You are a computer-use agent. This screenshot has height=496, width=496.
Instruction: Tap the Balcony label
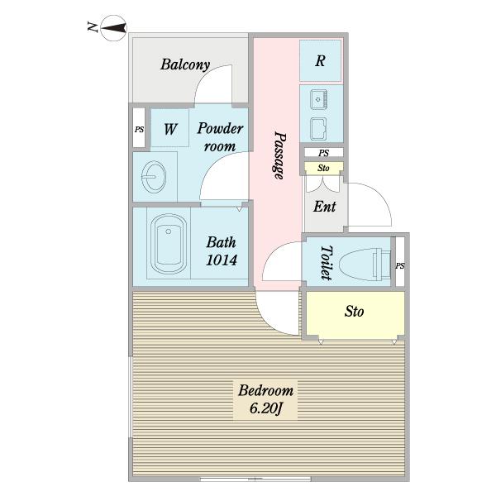click(x=185, y=64)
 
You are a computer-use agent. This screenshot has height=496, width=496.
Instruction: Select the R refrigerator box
click(x=321, y=60)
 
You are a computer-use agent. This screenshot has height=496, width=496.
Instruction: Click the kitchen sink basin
click(x=318, y=99)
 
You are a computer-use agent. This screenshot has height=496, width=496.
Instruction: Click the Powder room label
click(x=220, y=137)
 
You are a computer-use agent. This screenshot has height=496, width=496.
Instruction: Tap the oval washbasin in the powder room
click(x=154, y=177)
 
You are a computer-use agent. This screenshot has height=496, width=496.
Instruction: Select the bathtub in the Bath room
click(x=169, y=244)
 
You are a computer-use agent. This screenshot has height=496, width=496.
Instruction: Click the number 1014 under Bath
click(x=222, y=260)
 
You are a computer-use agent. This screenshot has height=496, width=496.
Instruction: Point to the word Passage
click(x=279, y=155)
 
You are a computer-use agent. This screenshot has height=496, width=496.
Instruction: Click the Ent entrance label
click(x=324, y=207)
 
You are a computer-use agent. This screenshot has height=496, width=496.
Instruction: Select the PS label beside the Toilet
click(x=400, y=265)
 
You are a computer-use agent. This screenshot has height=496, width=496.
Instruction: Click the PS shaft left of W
click(x=139, y=128)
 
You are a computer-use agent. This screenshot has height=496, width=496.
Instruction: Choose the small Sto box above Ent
click(x=323, y=168)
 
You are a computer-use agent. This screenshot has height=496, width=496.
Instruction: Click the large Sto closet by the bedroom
click(x=355, y=312)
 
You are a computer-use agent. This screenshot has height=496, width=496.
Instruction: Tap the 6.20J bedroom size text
click(x=265, y=408)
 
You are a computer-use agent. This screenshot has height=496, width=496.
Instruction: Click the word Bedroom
click(x=265, y=390)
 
